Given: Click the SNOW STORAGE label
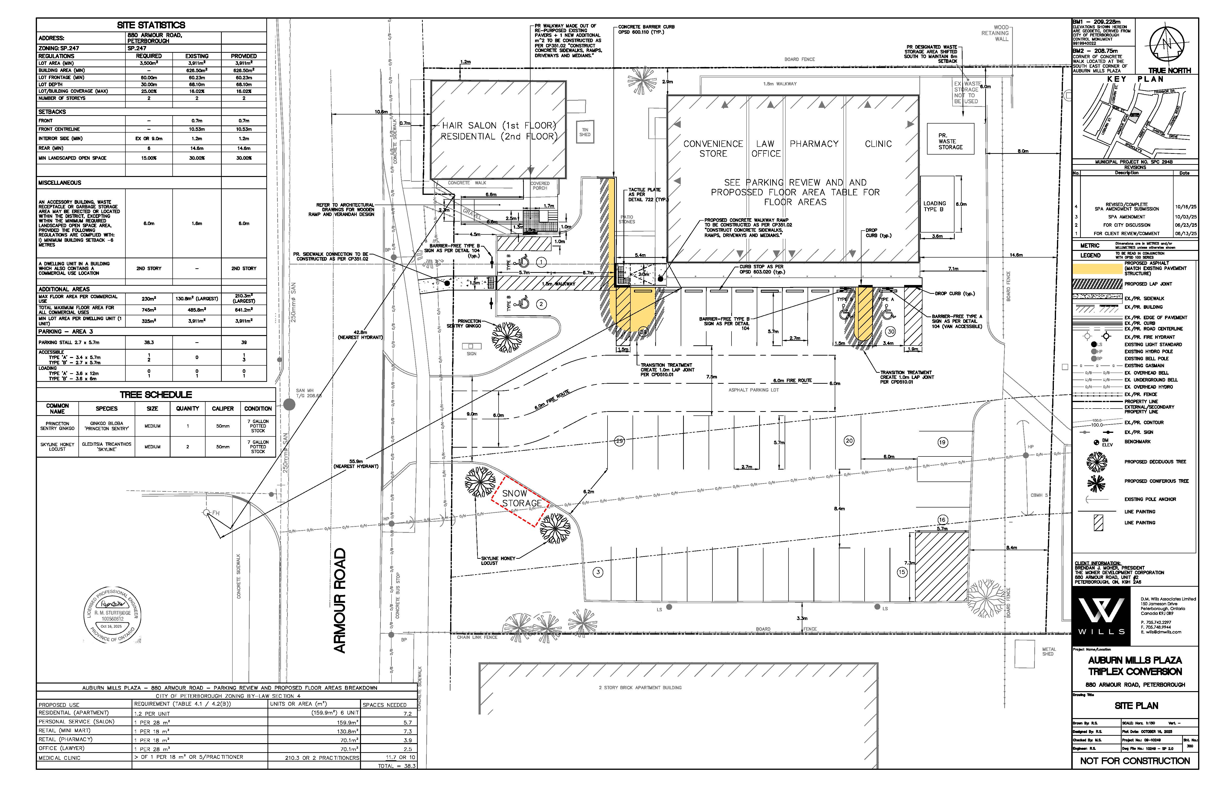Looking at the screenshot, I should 521,498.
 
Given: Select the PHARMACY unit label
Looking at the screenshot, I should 814,144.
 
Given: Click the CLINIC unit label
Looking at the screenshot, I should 878,144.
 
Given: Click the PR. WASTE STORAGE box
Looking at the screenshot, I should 950,141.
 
